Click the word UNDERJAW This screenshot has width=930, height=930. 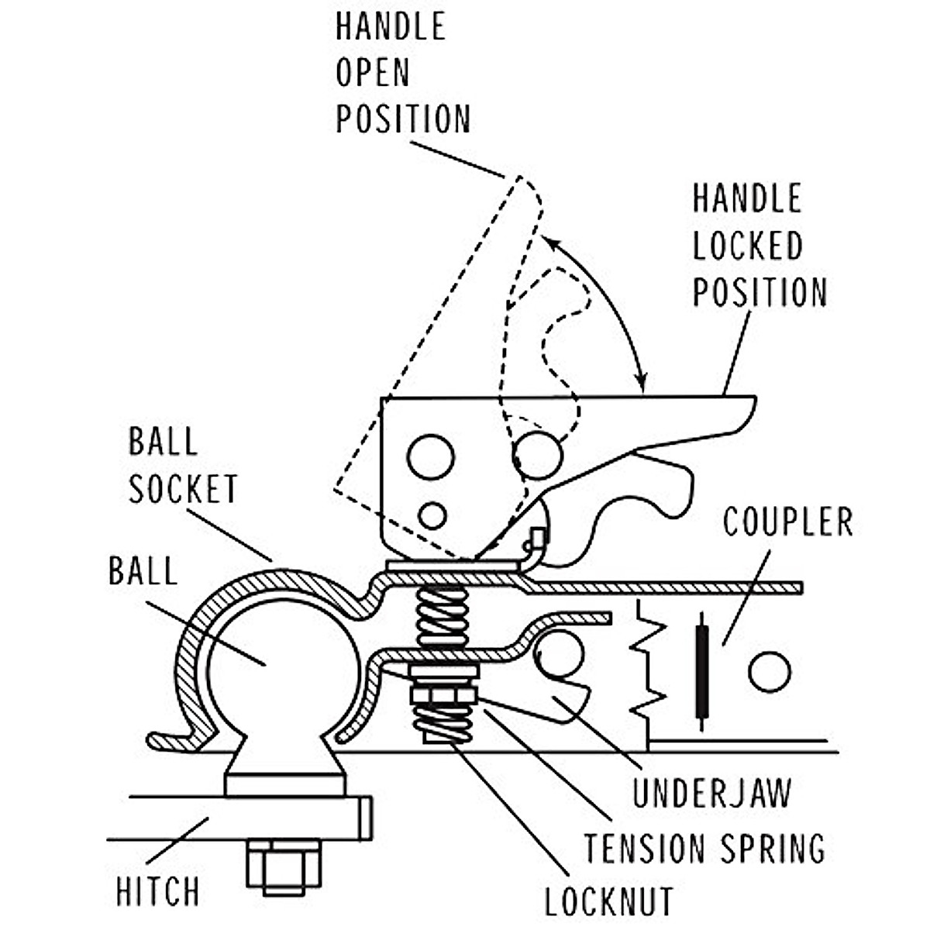click(x=712, y=793)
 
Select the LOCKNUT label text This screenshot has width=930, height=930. click(x=609, y=901)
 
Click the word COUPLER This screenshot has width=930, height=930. click(x=788, y=522)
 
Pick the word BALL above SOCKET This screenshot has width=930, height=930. click(x=163, y=441)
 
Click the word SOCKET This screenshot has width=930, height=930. click(x=183, y=488)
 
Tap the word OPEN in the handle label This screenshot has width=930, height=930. click(x=373, y=72)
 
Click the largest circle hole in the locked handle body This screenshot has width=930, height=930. click(x=537, y=455)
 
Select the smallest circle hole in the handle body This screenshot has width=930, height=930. click(x=432, y=515)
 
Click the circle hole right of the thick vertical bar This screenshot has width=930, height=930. click(x=770, y=672)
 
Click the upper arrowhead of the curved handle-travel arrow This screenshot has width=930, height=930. click(x=549, y=241)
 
